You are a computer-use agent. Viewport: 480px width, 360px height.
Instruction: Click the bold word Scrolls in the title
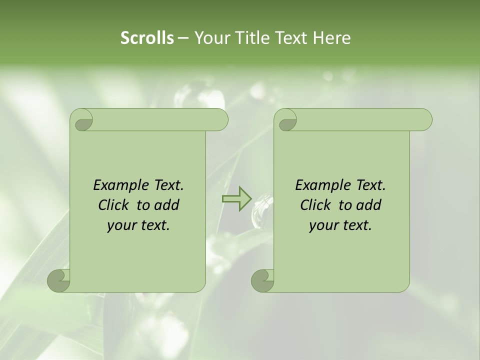point(147,38)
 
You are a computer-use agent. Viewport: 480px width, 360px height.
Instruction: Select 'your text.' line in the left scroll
point(138,225)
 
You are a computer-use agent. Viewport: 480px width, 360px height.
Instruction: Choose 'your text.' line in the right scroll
point(340,225)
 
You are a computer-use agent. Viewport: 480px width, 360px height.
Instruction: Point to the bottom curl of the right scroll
point(262,280)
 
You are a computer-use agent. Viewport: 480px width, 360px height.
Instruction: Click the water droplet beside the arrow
point(263,209)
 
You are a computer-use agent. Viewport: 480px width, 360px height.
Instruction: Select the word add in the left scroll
point(167,205)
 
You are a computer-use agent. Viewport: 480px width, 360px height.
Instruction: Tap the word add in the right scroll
point(369,205)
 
